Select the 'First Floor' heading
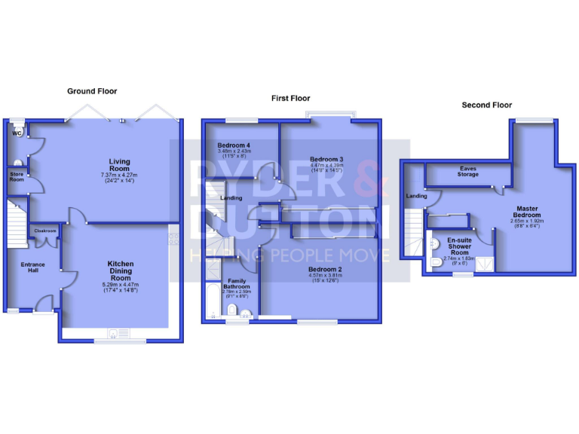point(291,98)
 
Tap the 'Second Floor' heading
point(486,105)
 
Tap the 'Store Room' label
point(17,176)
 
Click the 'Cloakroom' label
point(44,231)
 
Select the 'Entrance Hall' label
point(32,268)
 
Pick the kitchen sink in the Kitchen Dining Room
point(114,332)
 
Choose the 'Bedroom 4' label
point(233,145)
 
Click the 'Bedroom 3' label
point(326,160)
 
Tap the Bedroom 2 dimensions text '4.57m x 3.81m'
point(326,276)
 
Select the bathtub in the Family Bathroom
point(212,301)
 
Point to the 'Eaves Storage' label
point(467,171)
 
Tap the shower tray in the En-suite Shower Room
point(485,263)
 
